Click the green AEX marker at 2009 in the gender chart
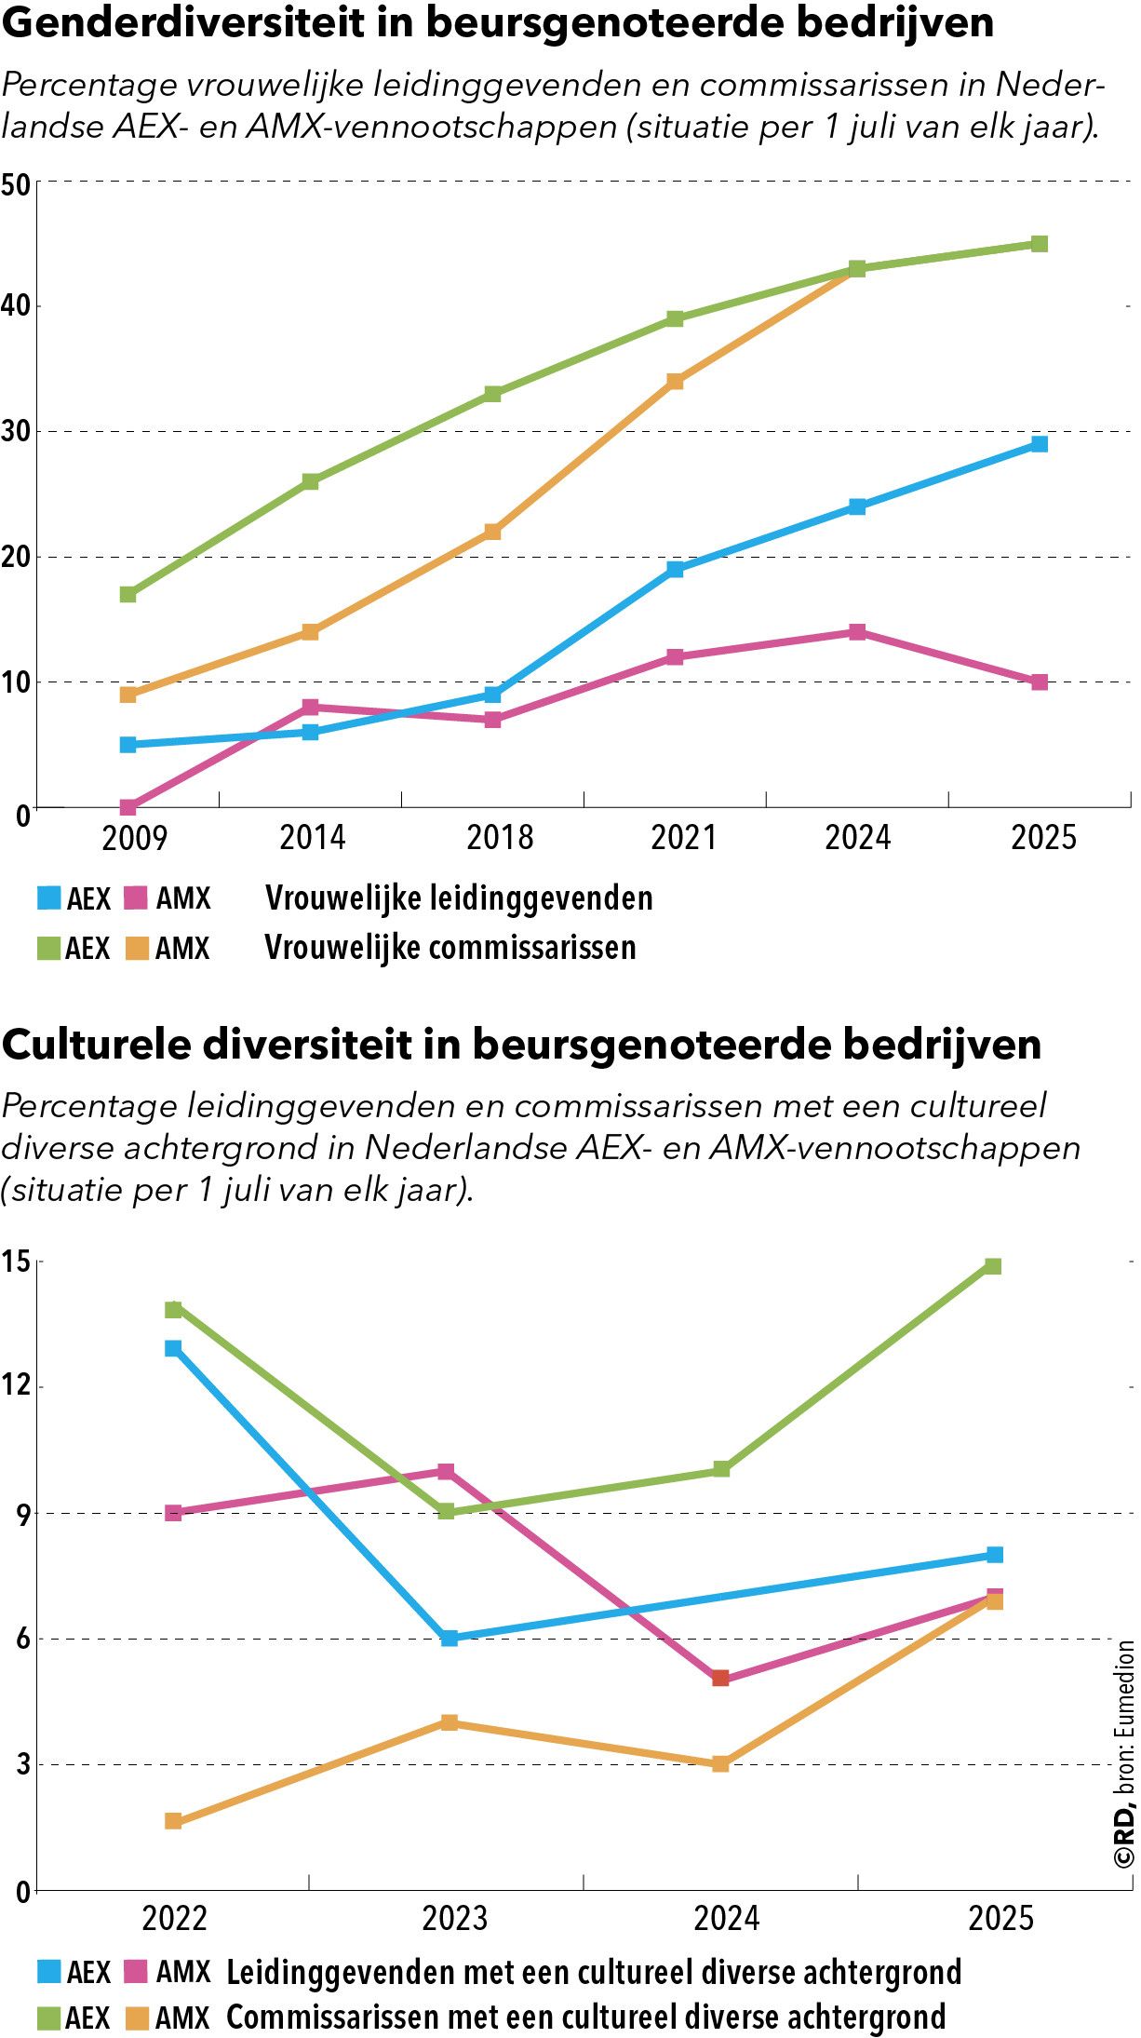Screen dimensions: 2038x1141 click(128, 594)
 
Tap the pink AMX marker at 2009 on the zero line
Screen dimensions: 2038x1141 click(128, 806)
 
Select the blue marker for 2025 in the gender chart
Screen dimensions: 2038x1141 click(1040, 444)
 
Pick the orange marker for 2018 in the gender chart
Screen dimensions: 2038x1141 click(492, 532)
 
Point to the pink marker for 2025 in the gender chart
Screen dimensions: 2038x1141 click(1040, 682)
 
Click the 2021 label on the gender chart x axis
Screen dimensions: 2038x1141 click(683, 838)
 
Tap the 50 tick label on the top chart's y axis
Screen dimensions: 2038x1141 click(16, 184)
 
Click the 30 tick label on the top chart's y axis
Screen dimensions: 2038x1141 click(16, 432)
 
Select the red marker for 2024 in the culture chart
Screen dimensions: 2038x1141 click(720, 1678)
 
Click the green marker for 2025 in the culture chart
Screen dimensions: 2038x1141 click(993, 1266)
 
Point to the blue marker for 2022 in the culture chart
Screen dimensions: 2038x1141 click(173, 1348)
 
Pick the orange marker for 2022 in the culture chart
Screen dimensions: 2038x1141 click(173, 1821)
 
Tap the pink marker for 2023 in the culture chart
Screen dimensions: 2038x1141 click(446, 1471)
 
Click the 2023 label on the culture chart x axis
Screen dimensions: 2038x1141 click(454, 1919)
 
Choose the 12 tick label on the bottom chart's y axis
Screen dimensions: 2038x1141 click(16, 1385)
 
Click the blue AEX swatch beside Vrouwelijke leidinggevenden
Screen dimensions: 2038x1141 click(48, 898)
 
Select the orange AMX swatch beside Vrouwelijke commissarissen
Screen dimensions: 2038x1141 click(137, 949)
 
